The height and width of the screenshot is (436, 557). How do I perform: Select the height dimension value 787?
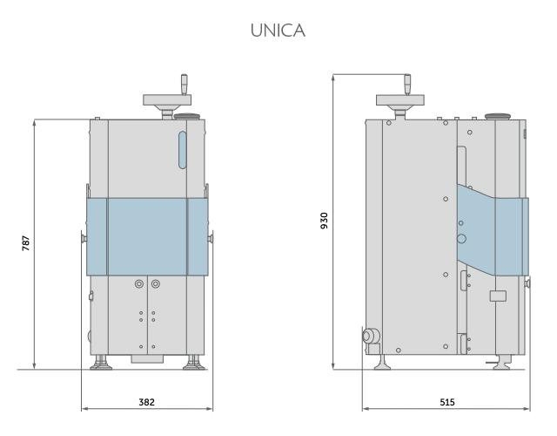[26, 242]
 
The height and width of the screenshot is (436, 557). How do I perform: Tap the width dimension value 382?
[147, 403]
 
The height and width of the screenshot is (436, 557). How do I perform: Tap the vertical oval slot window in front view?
[182, 149]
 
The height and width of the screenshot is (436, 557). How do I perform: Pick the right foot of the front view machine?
[191, 362]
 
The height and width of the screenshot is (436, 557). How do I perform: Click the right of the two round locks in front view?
[155, 284]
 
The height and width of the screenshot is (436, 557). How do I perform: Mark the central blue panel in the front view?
[147, 235]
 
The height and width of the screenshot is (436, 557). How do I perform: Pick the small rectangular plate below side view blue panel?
[498, 296]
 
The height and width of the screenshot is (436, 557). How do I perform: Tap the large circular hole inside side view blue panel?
[461, 237]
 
